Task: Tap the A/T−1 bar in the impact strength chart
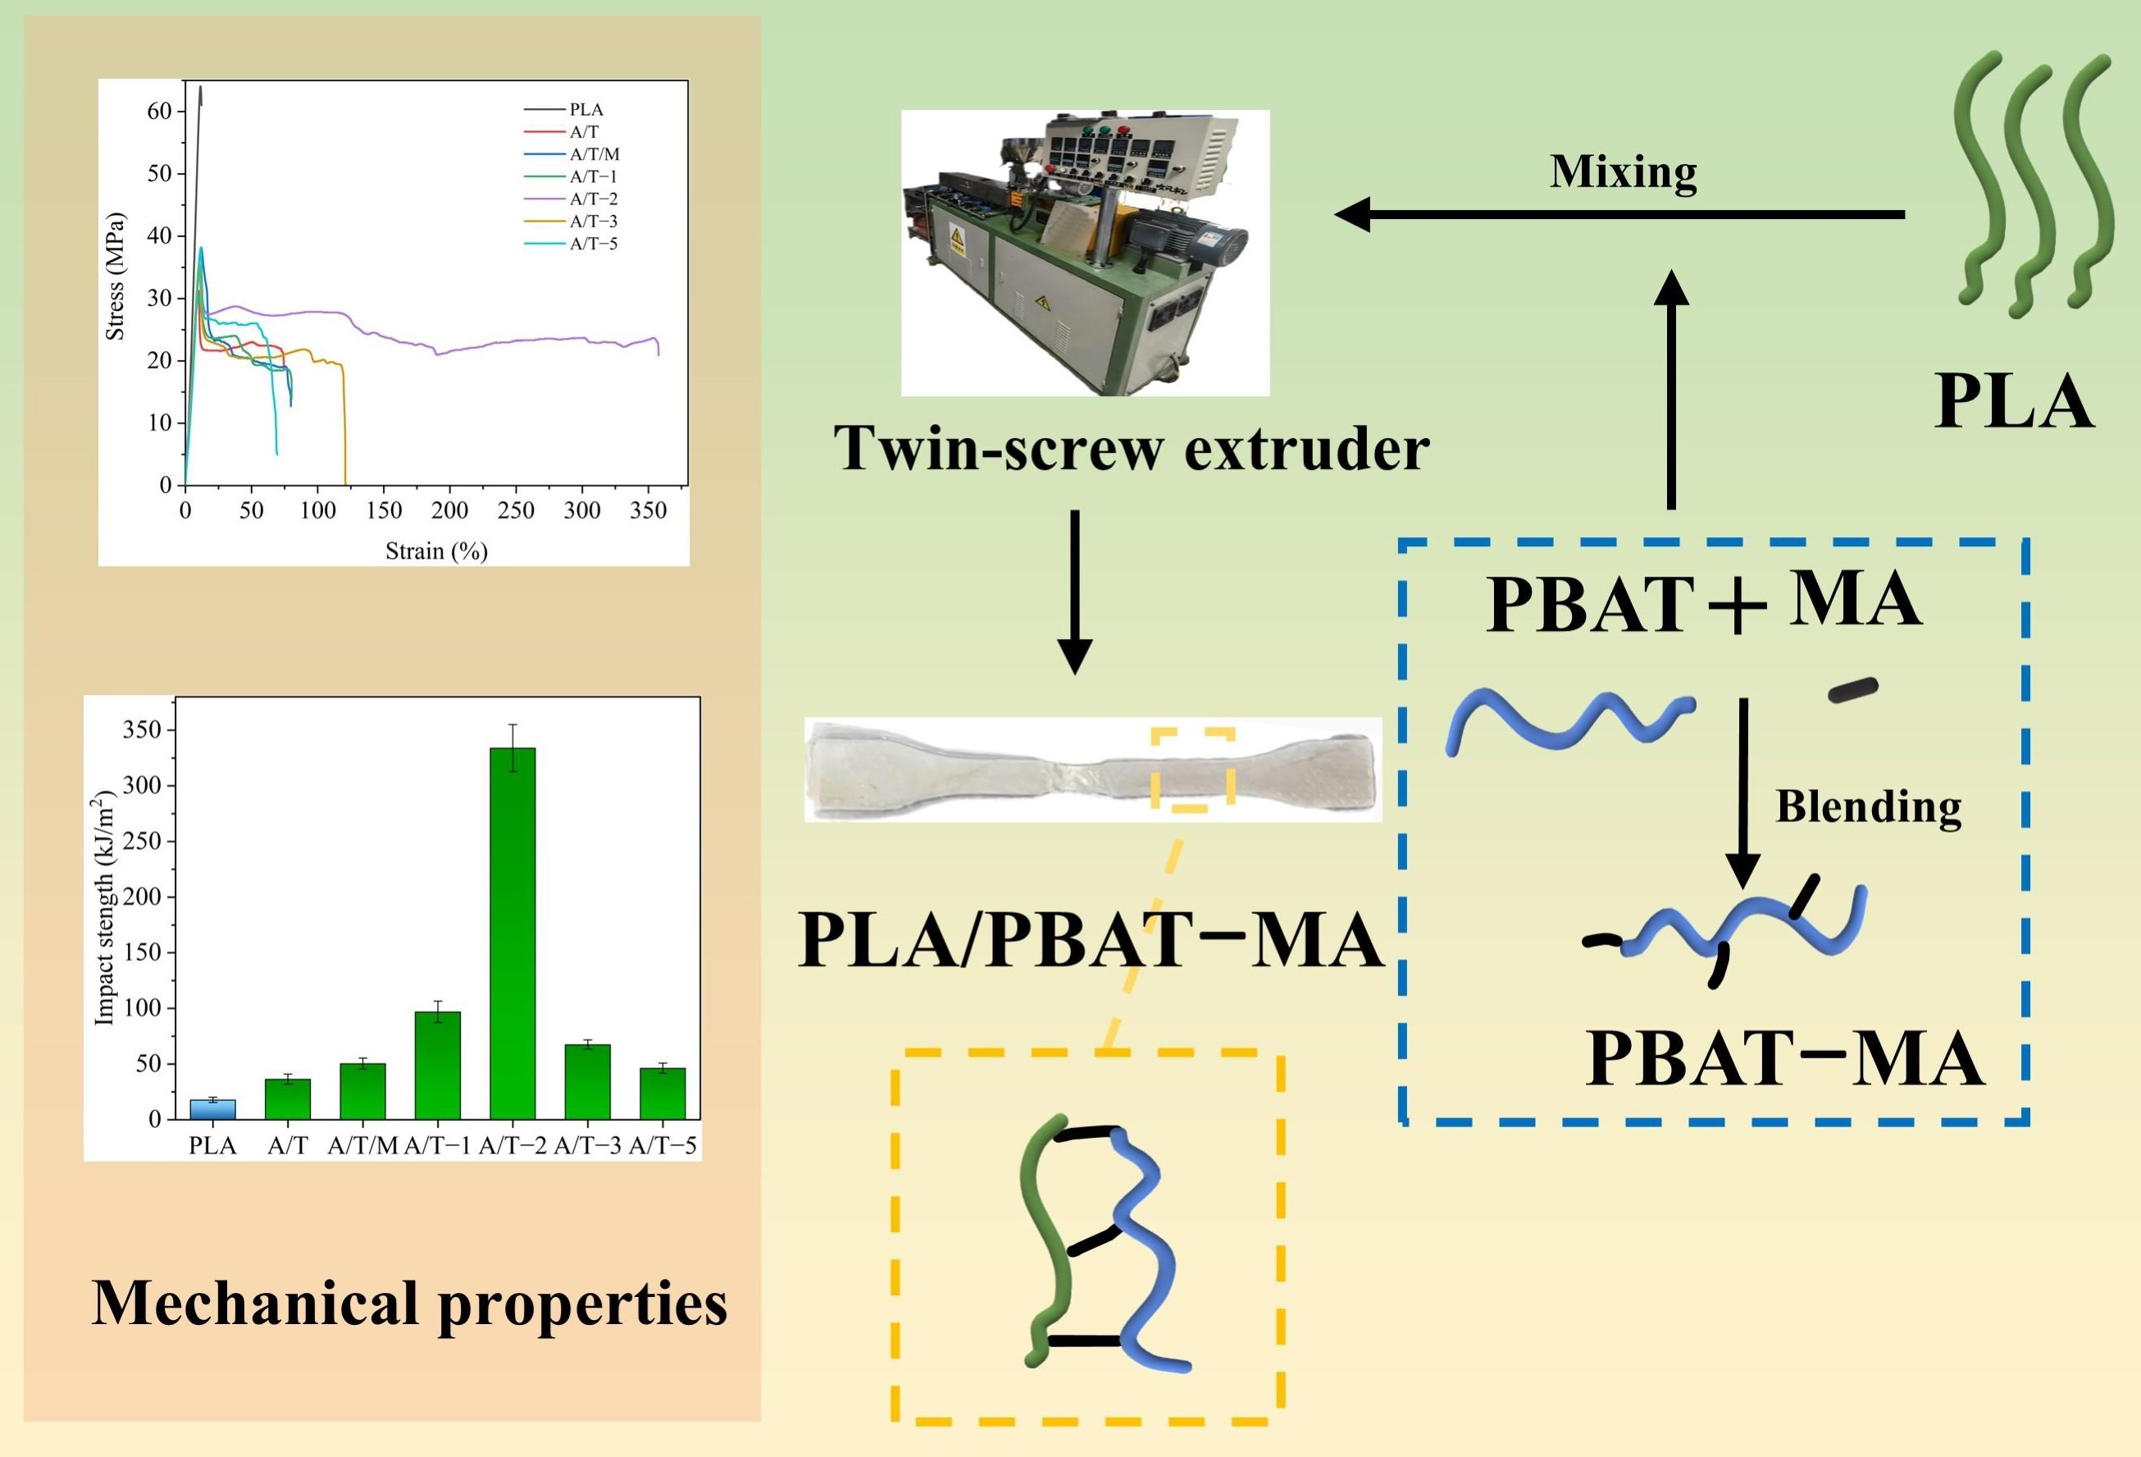click(438, 1064)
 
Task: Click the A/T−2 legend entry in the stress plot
click(594, 199)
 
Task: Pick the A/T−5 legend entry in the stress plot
click(594, 244)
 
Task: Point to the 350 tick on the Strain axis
click(648, 510)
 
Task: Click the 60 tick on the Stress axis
click(159, 112)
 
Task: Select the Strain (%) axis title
click(435, 551)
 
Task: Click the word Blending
click(1868, 806)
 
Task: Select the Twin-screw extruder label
click(1132, 448)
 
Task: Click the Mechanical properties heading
click(410, 1303)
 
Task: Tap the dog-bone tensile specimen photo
click(1092, 770)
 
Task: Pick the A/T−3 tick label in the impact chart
click(588, 1146)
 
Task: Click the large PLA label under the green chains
click(2013, 402)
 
